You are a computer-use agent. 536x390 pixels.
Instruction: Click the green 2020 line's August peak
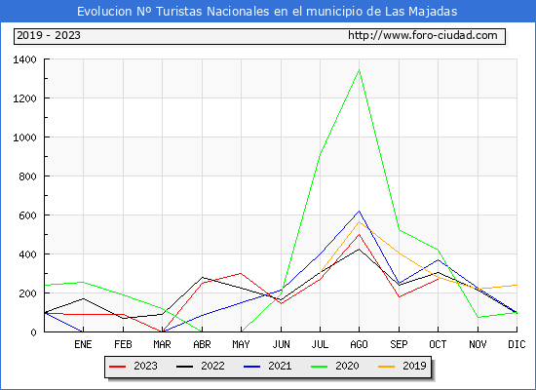click(x=359, y=70)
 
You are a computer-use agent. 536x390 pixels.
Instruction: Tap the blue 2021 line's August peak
click(x=359, y=211)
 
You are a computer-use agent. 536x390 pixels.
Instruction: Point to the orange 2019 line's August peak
click(x=359, y=221)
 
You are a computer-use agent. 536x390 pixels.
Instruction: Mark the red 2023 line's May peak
click(x=241, y=273)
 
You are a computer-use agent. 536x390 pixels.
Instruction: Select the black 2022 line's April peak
click(x=203, y=278)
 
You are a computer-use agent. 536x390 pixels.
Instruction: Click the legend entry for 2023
click(x=134, y=366)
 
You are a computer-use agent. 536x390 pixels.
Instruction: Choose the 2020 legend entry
click(x=335, y=366)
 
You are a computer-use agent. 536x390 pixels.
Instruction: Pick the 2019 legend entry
click(x=402, y=366)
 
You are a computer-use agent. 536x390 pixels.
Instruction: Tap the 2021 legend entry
click(x=268, y=366)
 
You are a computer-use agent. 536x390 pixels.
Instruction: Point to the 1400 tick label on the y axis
click(x=24, y=59)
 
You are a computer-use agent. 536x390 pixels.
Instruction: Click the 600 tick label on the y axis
click(x=27, y=215)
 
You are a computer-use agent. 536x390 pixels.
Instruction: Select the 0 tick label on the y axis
click(x=33, y=332)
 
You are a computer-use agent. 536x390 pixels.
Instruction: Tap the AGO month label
click(x=359, y=344)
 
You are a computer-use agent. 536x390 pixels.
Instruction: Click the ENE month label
click(x=83, y=344)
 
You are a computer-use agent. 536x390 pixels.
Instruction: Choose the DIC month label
click(x=517, y=344)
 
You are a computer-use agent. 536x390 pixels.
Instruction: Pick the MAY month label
click(x=241, y=344)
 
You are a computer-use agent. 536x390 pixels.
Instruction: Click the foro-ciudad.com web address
click(x=423, y=35)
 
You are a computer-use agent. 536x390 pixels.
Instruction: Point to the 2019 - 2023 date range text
click(x=49, y=35)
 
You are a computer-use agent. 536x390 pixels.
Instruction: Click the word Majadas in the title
click(x=433, y=12)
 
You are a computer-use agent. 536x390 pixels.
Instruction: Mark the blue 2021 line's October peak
click(x=438, y=259)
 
